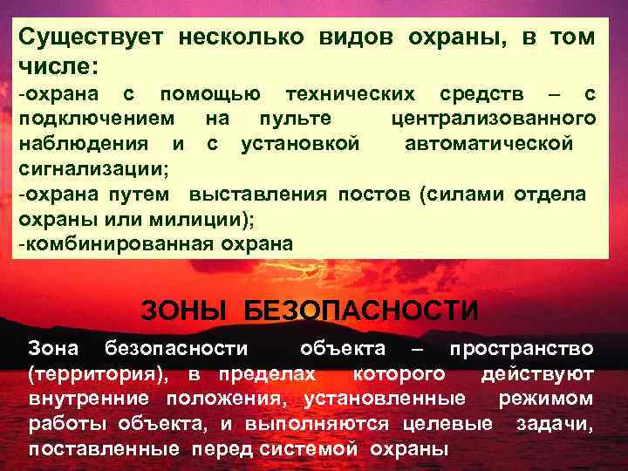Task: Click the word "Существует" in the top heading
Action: [92, 39]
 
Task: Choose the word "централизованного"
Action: [494, 118]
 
